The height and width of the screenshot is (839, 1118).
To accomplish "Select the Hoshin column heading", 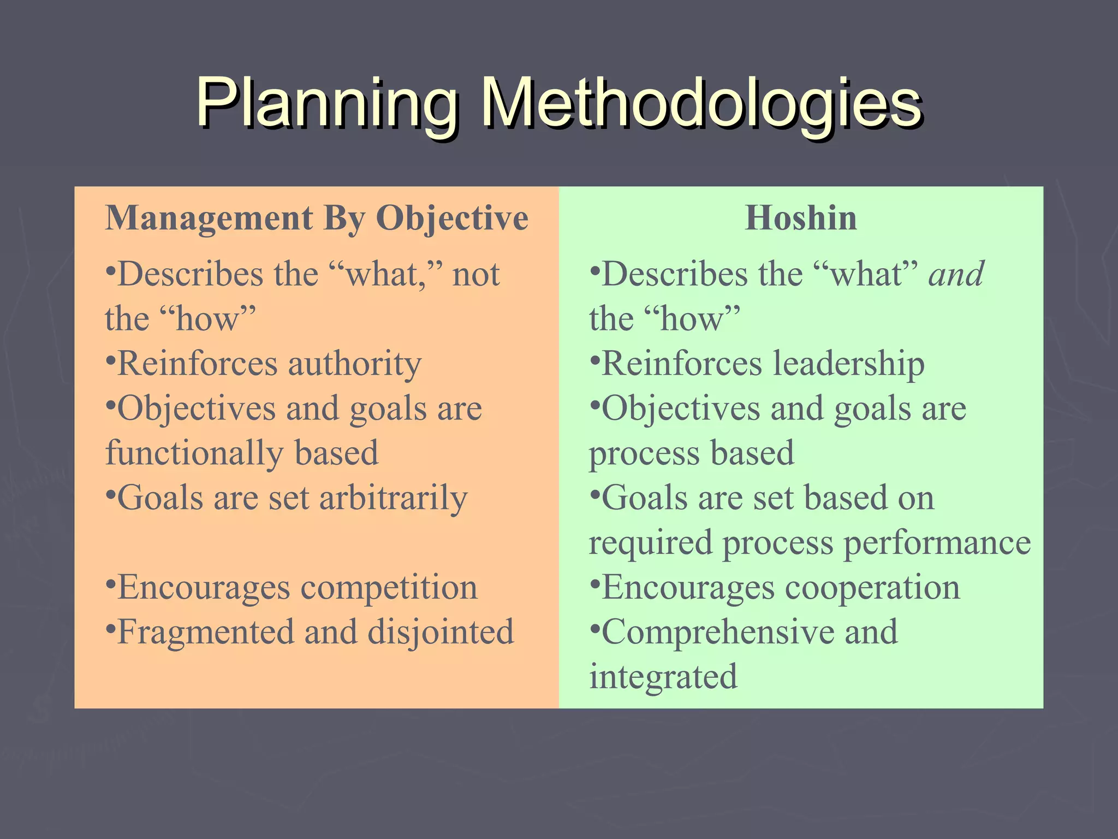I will coord(801,218).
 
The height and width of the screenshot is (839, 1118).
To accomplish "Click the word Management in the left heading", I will coord(209,218).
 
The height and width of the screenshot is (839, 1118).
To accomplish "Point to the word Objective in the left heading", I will coord(452,219).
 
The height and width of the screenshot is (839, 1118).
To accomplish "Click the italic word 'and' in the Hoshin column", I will coord(956,274).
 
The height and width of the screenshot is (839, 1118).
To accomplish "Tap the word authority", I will coord(355,364).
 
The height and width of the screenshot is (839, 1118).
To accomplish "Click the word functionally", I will coord(194,453).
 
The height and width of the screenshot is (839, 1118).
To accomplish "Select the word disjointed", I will coord(441,633).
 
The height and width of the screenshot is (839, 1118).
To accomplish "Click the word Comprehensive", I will coord(718,633).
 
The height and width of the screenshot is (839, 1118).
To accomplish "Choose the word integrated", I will coord(663,677).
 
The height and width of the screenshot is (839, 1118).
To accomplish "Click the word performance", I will coord(937,543).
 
